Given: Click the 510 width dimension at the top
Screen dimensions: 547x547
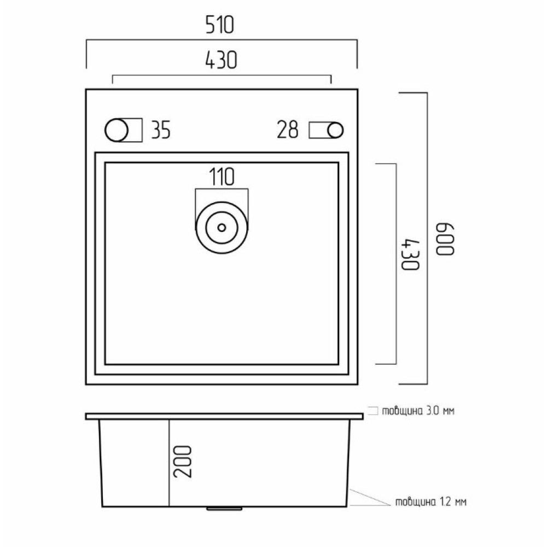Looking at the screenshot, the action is pyautogui.click(x=219, y=25).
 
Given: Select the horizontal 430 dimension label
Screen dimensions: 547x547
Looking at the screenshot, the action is pyautogui.click(x=221, y=60).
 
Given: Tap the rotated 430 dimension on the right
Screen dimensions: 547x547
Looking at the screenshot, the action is pyautogui.click(x=410, y=254).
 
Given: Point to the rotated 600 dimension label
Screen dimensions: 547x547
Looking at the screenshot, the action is pyautogui.click(x=445, y=240).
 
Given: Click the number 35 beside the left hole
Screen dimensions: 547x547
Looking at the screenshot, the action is pyautogui.click(x=161, y=130).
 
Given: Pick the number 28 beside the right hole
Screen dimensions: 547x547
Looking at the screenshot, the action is pyautogui.click(x=288, y=130).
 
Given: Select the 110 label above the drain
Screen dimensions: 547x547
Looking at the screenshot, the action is pyautogui.click(x=222, y=177).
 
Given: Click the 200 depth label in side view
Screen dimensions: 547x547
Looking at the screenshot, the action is pyautogui.click(x=183, y=461).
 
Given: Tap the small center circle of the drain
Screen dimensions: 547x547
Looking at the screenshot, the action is pyautogui.click(x=222, y=228).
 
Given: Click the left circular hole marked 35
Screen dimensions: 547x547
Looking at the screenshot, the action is pyautogui.click(x=117, y=130).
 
